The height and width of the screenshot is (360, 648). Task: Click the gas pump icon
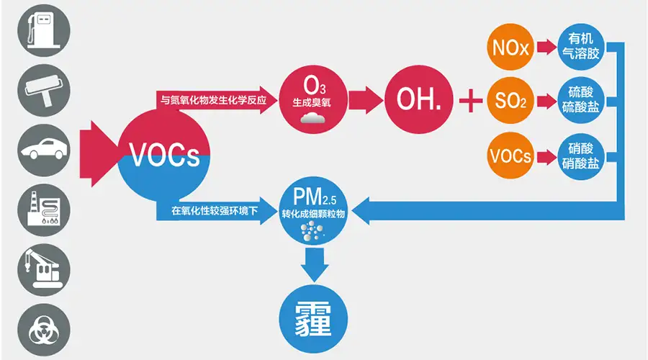[x=44, y=30]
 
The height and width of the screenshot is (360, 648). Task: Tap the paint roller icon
[x=44, y=91]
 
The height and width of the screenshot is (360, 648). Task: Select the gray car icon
[x=44, y=150]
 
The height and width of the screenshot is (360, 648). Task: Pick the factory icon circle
[x=44, y=210]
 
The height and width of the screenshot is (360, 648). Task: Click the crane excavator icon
[x=44, y=270]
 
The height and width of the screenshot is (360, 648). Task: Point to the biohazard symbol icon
[x=44, y=330]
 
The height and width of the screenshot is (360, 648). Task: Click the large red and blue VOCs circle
[x=164, y=156]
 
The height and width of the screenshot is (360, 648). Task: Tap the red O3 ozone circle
[x=313, y=99]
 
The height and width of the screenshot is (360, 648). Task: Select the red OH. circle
[x=418, y=99]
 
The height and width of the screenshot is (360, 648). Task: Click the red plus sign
[x=471, y=100]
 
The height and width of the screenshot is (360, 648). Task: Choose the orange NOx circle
[x=510, y=47]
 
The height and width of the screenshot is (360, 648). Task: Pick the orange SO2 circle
[x=510, y=100]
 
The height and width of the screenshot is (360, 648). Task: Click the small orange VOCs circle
[x=510, y=156]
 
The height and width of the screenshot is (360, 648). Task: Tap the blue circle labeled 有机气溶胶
[x=580, y=46]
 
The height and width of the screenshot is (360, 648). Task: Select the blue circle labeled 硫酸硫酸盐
[x=580, y=100]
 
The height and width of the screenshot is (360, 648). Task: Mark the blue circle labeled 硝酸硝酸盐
[x=580, y=156]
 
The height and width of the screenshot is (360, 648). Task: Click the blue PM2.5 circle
[x=313, y=211]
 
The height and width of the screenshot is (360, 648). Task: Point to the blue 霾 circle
[x=313, y=319]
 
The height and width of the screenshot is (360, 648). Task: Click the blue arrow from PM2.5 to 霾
[x=314, y=264]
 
